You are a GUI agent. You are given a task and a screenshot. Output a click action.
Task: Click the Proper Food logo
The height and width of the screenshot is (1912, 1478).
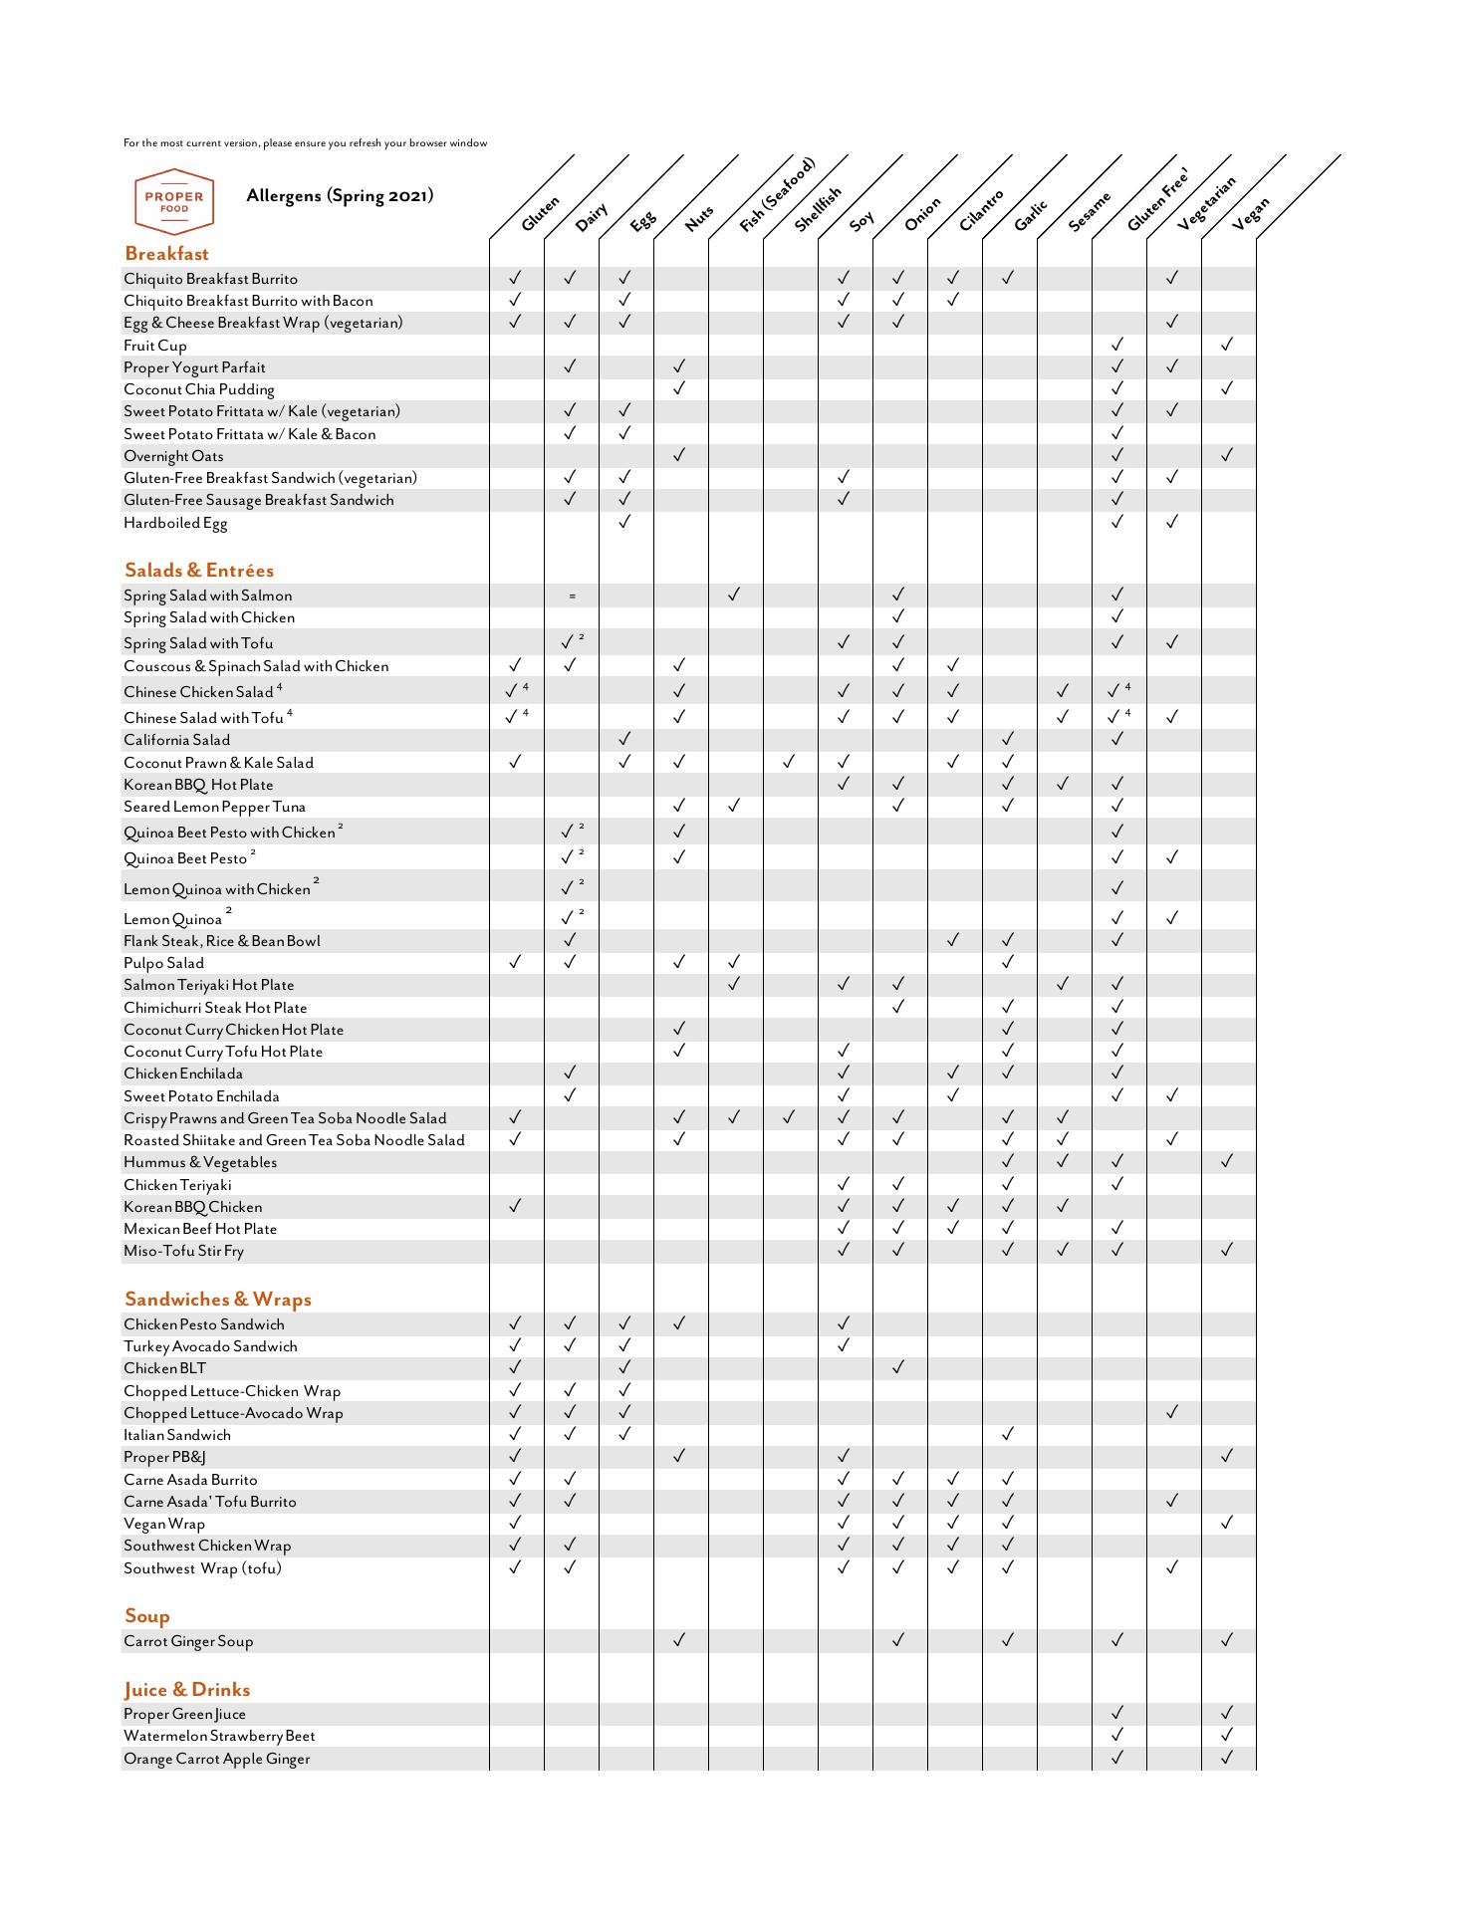pyautogui.click(x=174, y=201)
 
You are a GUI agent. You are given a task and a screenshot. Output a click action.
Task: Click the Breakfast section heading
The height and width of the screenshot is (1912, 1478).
pyautogui.click(x=166, y=254)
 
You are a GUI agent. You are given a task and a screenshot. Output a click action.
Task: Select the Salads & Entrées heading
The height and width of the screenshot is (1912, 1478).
pyautogui.click(x=199, y=571)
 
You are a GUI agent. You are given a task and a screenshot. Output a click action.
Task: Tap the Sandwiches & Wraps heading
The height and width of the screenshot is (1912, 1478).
pyautogui.click(x=218, y=1300)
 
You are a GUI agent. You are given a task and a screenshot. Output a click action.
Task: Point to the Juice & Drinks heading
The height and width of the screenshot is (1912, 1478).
pyautogui.click(x=187, y=1690)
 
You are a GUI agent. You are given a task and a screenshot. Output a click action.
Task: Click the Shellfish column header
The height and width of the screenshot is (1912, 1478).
pyautogui.click(x=819, y=209)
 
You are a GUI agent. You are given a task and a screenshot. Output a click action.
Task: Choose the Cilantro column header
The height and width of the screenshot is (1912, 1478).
pyautogui.click(x=982, y=210)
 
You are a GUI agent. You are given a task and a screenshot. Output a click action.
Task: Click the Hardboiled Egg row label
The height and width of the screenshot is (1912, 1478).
pyautogui.click(x=175, y=523)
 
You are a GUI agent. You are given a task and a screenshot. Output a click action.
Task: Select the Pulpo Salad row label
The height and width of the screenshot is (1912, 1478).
pyautogui.click(x=163, y=963)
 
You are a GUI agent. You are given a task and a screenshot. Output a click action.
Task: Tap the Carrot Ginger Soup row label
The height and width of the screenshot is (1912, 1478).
pyautogui.click(x=188, y=1641)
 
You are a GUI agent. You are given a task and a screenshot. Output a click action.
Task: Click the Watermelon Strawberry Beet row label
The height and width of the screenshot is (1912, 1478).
pyautogui.click(x=219, y=1736)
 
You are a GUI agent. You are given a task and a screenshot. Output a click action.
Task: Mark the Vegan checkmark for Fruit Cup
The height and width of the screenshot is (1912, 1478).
pyautogui.click(x=1227, y=345)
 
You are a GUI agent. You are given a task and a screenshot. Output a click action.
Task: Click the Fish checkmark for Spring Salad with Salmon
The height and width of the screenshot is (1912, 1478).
pyautogui.click(x=734, y=595)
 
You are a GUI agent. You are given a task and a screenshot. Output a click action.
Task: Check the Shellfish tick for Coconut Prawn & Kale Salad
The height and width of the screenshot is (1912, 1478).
pyautogui.click(x=789, y=762)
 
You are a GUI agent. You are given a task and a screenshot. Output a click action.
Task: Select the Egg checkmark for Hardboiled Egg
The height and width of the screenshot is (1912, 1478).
pyautogui.click(x=624, y=522)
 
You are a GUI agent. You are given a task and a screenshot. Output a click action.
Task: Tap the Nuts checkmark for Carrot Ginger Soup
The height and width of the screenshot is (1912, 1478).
pyautogui.click(x=679, y=1640)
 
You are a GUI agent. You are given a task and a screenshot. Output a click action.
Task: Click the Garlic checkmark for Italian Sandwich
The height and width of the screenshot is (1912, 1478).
pyautogui.click(x=1008, y=1434)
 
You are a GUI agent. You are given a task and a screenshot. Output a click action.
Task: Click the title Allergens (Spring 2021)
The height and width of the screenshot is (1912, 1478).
pyautogui.click(x=340, y=195)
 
